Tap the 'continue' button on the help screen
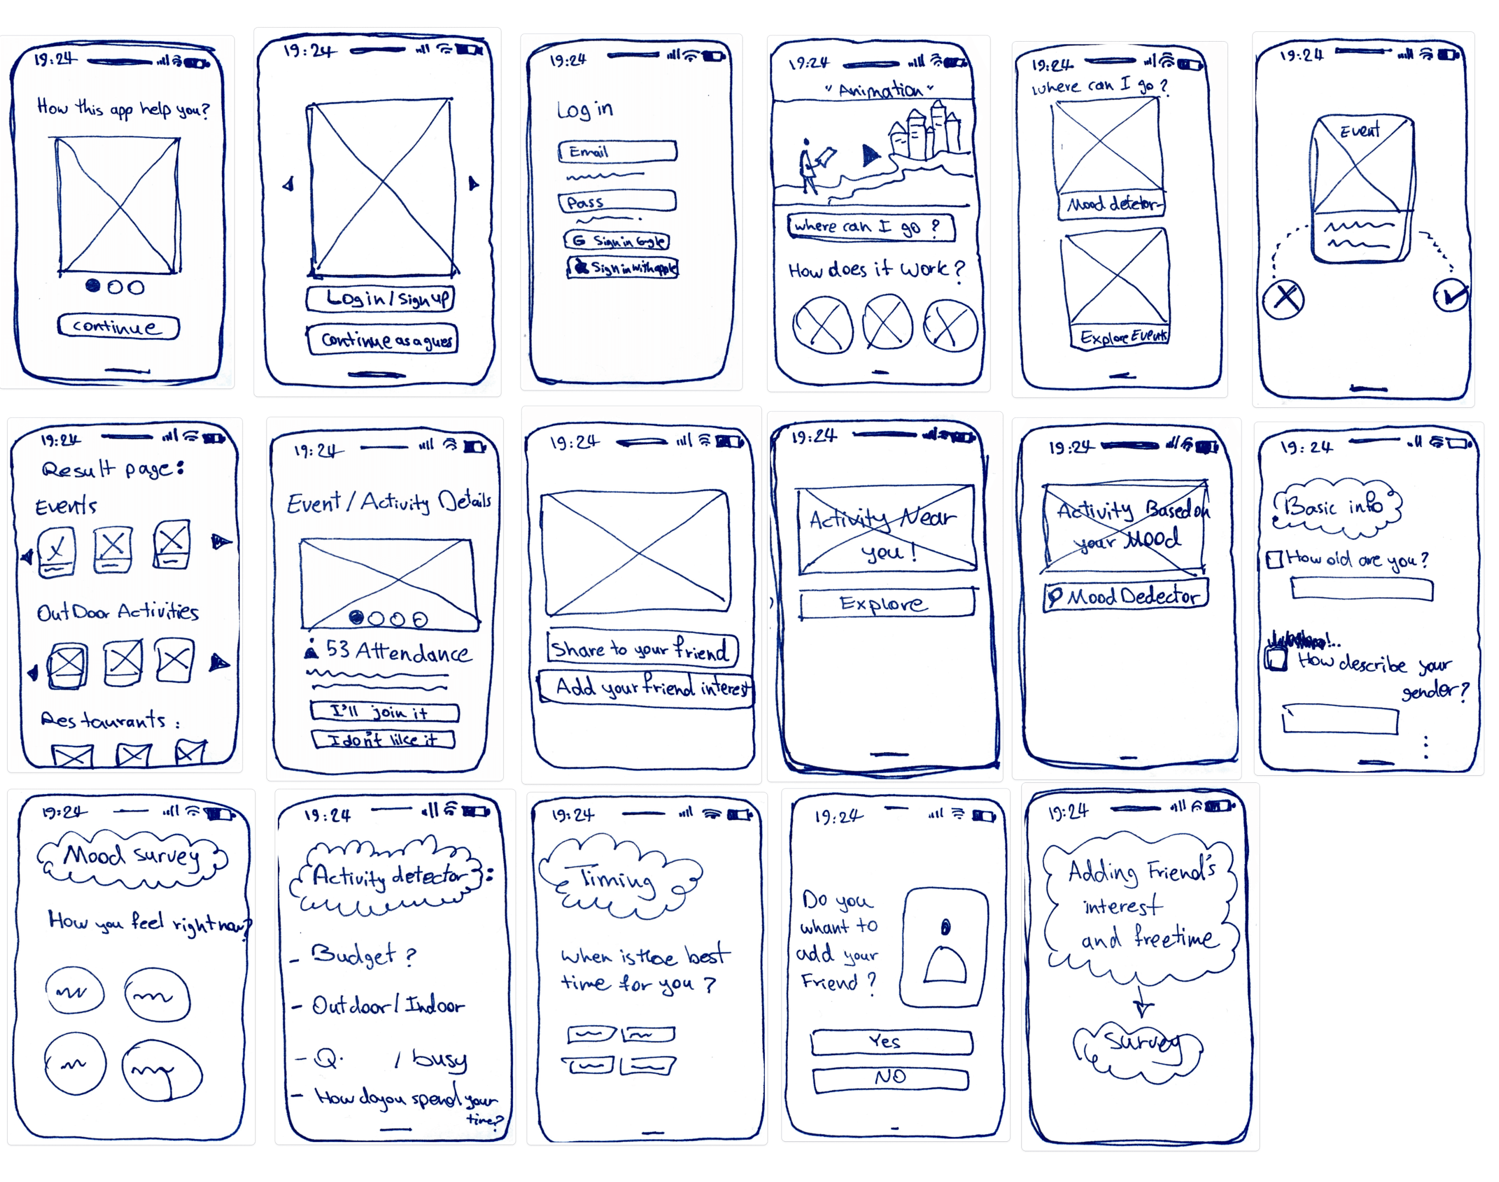(118, 327)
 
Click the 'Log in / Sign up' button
(381, 298)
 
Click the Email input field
(617, 152)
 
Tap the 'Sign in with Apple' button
(622, 267)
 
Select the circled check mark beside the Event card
(1450, 296)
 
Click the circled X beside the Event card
(1284, 299)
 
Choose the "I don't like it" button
(383, 740)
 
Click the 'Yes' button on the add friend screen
(891, 1042)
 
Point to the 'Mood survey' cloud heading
(132, 858)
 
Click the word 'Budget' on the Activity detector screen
(353, 954)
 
